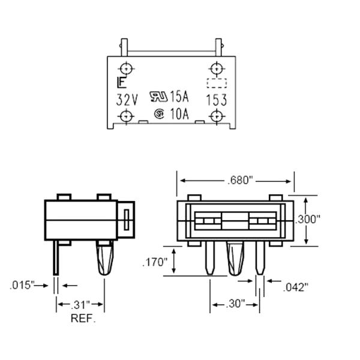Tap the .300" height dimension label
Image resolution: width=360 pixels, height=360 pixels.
pos(307,220)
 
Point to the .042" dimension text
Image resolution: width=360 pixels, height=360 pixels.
pos(295,287)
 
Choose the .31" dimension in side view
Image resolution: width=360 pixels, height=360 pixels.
pos(80,305)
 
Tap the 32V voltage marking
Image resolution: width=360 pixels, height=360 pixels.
pos(126,98)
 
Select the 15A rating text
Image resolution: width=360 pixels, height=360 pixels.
pos(179,96)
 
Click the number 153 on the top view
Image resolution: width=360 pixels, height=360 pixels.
pos(216,100)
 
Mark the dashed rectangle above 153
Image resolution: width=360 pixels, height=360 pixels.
pos(217,83)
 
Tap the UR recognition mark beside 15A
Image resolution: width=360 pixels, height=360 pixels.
pos(158,96)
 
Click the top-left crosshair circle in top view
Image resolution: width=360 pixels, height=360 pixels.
pos(125,67)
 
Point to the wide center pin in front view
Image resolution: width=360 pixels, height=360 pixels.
pos(235,258)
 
